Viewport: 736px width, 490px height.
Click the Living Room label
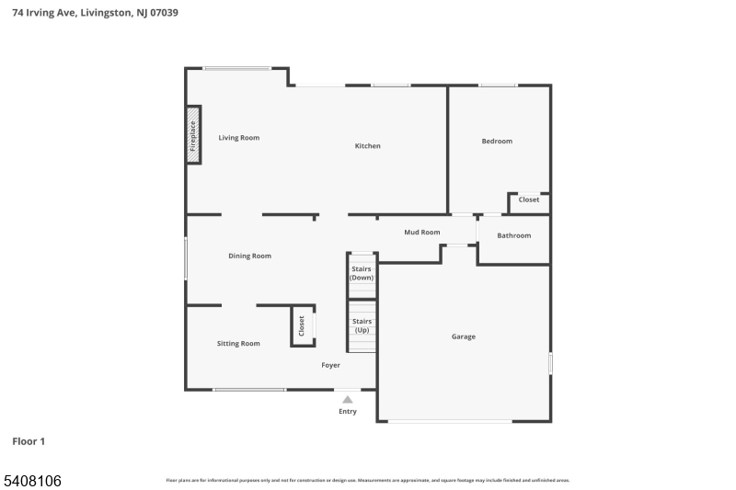point(238,138)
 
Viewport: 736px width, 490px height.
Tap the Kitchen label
point(368,146)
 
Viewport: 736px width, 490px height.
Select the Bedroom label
point(497,142)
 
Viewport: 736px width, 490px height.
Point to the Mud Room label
point(422,233)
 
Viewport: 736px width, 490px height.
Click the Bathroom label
point(514,236)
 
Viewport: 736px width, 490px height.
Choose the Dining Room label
point(250,256)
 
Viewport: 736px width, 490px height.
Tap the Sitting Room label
point(238,344)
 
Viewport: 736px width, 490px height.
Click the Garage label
point(464,337)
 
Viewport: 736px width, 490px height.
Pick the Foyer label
point(330,366)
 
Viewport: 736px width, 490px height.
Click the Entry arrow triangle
point(347,400)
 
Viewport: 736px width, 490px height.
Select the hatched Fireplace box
point(193,136)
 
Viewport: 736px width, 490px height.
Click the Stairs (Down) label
point(362,273)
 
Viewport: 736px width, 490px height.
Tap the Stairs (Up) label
point(362,325)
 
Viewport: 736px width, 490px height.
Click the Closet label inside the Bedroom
point(529,199)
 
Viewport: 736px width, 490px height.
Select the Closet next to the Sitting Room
point(302,325)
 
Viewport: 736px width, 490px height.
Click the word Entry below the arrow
point(347,412)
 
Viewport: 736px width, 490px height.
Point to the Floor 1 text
point(29,442)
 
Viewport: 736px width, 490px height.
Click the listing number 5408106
point(33,480)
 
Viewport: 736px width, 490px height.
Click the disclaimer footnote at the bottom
point(368,480)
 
